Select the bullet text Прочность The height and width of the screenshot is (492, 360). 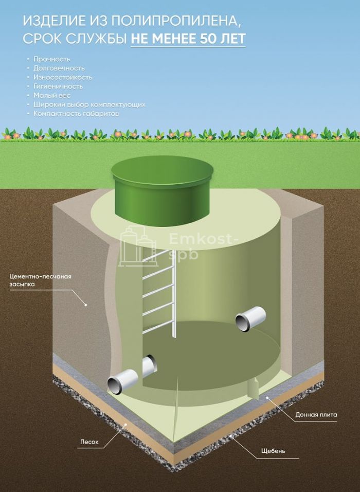52,59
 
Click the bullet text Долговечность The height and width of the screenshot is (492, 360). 59,68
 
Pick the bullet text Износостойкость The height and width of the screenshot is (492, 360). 63,77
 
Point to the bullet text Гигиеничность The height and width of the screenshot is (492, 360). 58,86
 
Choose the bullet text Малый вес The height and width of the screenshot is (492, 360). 52,95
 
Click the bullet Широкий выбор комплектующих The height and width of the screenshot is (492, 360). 89,104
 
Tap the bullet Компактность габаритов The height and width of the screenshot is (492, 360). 76,113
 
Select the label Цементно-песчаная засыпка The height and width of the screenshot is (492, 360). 40,280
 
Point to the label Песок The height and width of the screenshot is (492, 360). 89,442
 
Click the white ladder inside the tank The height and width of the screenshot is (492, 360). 159,293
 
